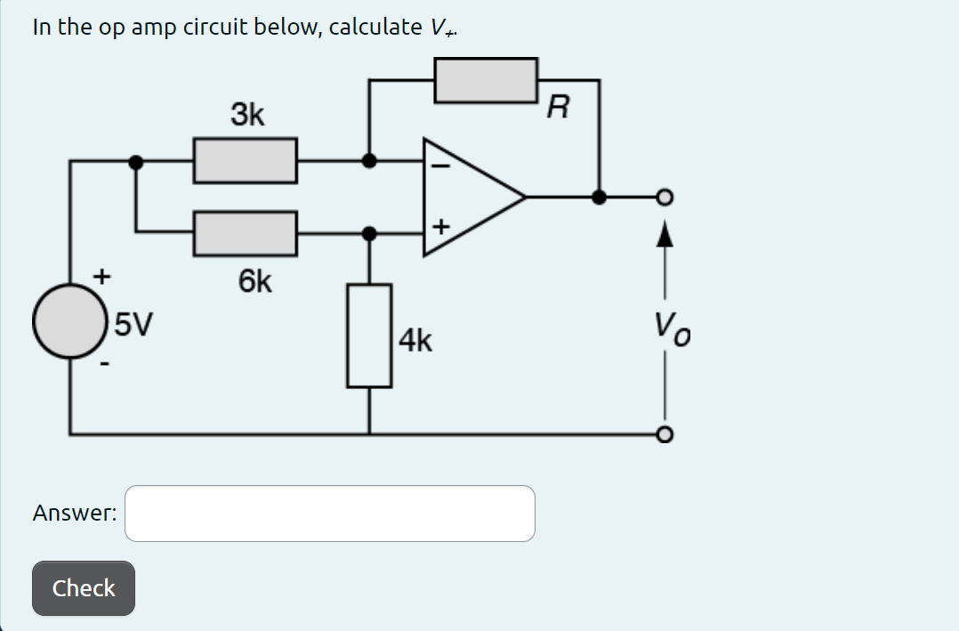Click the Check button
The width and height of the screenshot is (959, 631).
click(x=84, y=588)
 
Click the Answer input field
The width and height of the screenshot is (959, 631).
click(x=329, y=514)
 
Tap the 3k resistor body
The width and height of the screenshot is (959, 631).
click(x=246, y=161)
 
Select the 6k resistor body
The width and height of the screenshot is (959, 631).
click(x=246, y=233)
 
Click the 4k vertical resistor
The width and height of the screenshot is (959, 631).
click(x=369, y=336)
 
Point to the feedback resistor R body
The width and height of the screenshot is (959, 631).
click(x=486, y=80)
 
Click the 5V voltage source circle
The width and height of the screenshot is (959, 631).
click(x=70, y=321)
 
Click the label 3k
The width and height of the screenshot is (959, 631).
click(x=247, y=115)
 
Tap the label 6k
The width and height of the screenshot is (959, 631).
click(x=255, y=282)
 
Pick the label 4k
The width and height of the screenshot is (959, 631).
click(x=416, y=340)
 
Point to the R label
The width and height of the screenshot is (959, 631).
click(x=558, y=109)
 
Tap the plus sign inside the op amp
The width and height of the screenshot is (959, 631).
click(x=439, y=230)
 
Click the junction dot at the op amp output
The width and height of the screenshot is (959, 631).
click(x=600, y=197)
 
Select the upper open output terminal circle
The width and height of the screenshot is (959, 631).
click(x=664, y=197)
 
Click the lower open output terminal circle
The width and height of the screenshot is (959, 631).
click(x=664, y=434)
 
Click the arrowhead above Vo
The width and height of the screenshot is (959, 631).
click(x=664, y=233)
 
